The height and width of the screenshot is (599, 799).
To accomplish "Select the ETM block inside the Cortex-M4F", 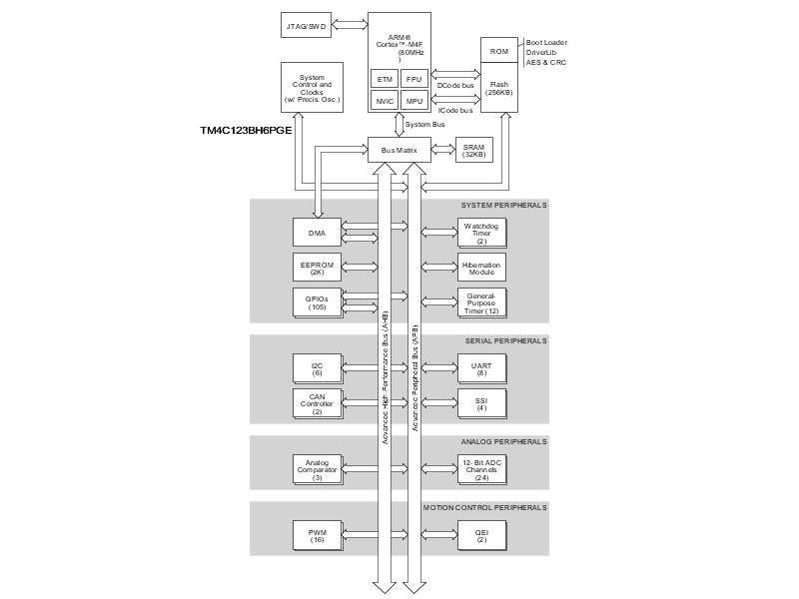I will click(x=385, y=78).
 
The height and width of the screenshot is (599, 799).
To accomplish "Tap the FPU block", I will click(x=414, y=78).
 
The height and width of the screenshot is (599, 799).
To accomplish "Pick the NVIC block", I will click(x=385, y=101).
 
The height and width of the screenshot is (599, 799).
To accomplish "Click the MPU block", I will click(x=414, y=101).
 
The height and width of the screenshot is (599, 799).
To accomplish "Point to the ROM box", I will click(x=499, y=50).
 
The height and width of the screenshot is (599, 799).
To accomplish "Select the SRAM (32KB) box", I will click(x=473, y=151).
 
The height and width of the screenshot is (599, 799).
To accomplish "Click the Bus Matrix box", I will click(x=399, y=151).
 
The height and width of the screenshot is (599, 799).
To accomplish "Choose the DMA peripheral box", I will click(x=318, y=234).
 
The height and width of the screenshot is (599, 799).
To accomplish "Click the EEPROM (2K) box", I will click(x=318, y=267).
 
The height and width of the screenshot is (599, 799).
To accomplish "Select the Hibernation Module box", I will click(x=480, y=267).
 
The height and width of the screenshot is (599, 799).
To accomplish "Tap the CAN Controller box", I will click(x=318, y=402).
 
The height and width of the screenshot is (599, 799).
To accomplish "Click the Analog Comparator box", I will click(x=318, y=468).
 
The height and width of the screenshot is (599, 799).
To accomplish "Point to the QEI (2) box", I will click(x=480, y=535).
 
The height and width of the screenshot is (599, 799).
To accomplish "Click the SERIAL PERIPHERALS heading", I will click(x=505, y=340).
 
